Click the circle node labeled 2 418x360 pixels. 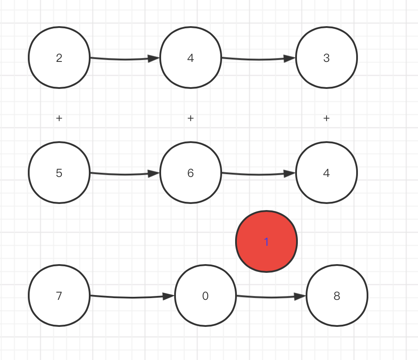click(x=59, y=58)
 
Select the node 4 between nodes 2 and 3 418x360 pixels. click(x=191, y=58)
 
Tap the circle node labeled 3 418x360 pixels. click(x=327, y=58)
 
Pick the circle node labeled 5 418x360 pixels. click(x=59, y=173)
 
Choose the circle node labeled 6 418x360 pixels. click(x=191, y=173)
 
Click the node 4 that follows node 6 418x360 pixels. click(x=327, y=173)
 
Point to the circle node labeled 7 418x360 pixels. click(x=59, y=295)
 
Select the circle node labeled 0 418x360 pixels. click(x=205, y=295)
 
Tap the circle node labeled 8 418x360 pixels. click(x=337, y=295)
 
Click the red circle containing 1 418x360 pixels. click(x=266, y=241)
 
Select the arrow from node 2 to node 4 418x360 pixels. click(x=125, y=59)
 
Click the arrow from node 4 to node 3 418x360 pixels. click(x=259, y=59)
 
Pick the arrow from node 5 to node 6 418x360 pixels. click(x=125, y=174)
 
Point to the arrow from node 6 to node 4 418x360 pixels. click(x=259, y=174)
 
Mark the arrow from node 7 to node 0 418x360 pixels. click(x=132, y=297)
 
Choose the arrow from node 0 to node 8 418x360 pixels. click(x=271, y=297)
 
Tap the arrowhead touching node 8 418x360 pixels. click(x=300, y=296)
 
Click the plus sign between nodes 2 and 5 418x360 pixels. click(x=59, y=118)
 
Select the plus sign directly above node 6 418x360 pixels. click(x=191, y=118)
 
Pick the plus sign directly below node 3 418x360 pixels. click(x=327, y=118)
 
